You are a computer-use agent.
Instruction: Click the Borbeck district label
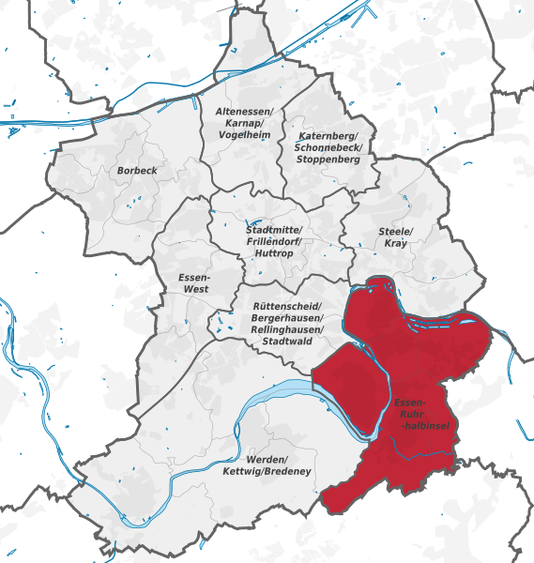137,171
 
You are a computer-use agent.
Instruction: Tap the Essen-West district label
194,283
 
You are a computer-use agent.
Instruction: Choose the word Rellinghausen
289,330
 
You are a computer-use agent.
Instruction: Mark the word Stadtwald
289,342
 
